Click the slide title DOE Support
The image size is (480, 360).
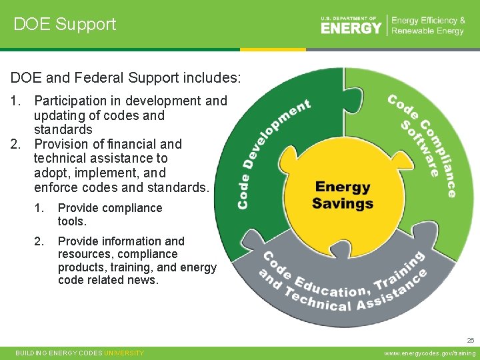[x=65, y=24]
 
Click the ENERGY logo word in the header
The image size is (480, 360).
[x=351, y=28]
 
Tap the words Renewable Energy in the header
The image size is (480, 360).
[x=427, y=31]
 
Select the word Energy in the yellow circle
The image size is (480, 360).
[x=342, y=188]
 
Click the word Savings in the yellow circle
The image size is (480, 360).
[x=343, y=203]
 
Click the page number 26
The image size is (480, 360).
[x=471, y=339]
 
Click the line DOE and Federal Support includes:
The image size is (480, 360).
[x=125, y=78]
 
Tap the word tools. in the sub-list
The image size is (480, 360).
[x=72, y=221]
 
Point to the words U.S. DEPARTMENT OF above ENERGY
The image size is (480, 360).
[x=349, y=19]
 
